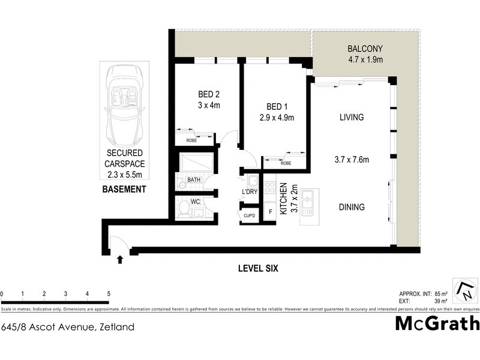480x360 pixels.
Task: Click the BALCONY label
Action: pos(365,49)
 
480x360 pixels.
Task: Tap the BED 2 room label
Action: pos(209,94)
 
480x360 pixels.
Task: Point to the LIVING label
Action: pos(351,117)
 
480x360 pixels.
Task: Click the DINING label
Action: pos(351,207)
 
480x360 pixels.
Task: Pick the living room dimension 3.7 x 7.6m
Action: pos(351,160)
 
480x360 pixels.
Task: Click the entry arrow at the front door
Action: pos(120,259)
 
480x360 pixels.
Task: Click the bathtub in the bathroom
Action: pos(196,163)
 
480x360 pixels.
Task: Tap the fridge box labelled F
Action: pos(271,212)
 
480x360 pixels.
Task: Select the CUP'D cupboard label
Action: pos(250,215)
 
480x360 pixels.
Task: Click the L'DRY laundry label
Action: pos(250,192)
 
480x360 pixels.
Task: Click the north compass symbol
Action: pos(465,290)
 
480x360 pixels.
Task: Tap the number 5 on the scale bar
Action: pos(109,294)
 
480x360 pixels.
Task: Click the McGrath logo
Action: pos(437,323)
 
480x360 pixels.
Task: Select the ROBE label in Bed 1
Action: pos(286,163)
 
